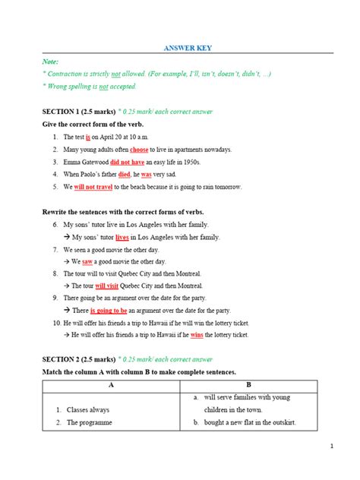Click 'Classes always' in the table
click(x=90, y=409)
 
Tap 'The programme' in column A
click(x=90, y=422)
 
